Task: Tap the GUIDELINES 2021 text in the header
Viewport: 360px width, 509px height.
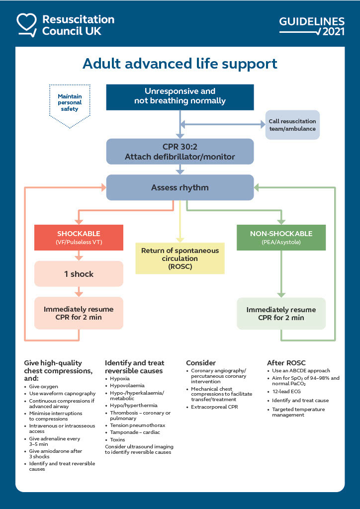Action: point(312,26)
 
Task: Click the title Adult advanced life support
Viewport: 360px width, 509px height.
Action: point(180,64)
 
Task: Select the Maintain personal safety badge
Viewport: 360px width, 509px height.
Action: point(70,102)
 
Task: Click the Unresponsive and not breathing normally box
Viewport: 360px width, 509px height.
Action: point(180,96)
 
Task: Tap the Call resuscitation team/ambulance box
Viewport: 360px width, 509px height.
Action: point(292,125)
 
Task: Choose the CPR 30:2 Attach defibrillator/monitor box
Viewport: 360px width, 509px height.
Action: point(180,152)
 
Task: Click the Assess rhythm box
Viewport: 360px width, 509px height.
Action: point(180,188)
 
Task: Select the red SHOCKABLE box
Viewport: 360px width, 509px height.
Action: point(79,237)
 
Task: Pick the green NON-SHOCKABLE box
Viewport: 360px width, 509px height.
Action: point(281,237)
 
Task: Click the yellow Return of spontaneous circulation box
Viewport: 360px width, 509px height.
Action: point(180,258)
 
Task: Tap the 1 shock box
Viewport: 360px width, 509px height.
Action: point(79,274)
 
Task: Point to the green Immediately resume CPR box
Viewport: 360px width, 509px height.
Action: point(281,314)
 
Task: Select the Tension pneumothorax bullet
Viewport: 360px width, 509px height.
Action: point(137,425)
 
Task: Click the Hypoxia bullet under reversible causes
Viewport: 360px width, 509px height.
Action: point(120,378)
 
